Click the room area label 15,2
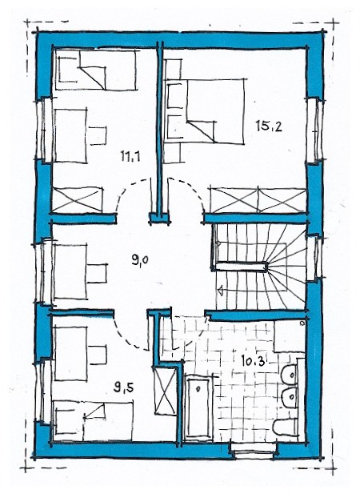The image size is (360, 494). [x=269, y=127]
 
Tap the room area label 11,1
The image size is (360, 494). [x=130, y=156]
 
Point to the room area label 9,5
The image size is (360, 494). [x=124, y=388]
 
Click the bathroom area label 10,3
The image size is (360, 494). [x=252, y=360]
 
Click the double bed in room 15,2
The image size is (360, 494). [x=205, y=111]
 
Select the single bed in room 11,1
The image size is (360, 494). [x=95, y=70]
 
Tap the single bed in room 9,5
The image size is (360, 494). [x=93, y=420]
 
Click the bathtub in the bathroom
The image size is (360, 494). [x=198, y=408]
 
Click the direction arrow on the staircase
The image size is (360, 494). [x=221, y=289]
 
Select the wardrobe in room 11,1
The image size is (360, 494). [x=78, y=199]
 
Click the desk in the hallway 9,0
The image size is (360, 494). [x=70, y=271]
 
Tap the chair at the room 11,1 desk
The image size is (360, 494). [x=98, y=135]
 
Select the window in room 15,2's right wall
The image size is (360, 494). [x=314, y=131]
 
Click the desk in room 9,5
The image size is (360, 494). [x=70, y=354]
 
